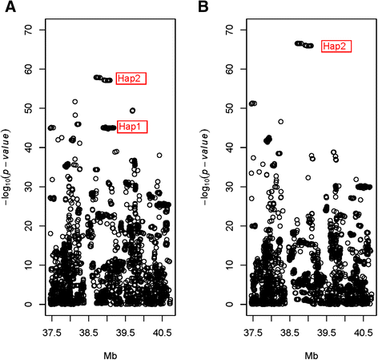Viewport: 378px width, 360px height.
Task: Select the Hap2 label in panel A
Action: [x=131, y=78]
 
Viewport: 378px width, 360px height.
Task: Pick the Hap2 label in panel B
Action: [x=336, y=47]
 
